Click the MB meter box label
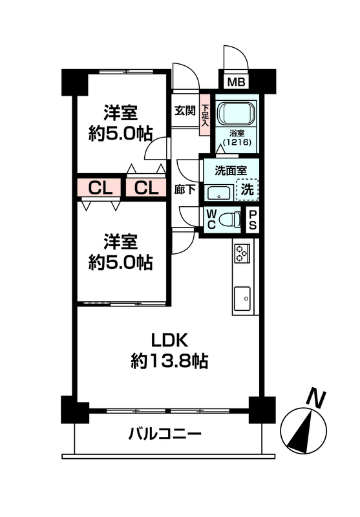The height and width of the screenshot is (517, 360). [x=236, y=81]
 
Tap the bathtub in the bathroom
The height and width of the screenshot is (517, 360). [x=236, y=114]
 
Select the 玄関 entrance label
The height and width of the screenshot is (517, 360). [x=185, y=111]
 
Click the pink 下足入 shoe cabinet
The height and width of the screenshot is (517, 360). [x=205, y=115]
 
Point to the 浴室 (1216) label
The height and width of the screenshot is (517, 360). [x=237, y=138]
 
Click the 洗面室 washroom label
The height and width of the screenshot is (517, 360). [x=231, y=171]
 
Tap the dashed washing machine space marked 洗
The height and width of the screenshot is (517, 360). [x=248, y=189]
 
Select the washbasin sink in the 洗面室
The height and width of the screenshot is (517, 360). [x=219, y=193]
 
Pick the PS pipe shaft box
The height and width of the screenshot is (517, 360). [x=253, y=220]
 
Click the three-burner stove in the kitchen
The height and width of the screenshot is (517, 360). [x=242, y=253]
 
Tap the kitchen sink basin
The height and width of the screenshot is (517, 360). [x=242, y=299]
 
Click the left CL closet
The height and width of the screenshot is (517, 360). [x=100, y=188]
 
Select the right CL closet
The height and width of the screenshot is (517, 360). [x=146, y=188]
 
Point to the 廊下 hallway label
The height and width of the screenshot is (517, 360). [x=185, y=189]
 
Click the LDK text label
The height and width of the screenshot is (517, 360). [x=169, y=341]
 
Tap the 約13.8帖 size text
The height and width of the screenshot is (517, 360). [x=169, y=361]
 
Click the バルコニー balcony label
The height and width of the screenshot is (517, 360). [x=165, y=434]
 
